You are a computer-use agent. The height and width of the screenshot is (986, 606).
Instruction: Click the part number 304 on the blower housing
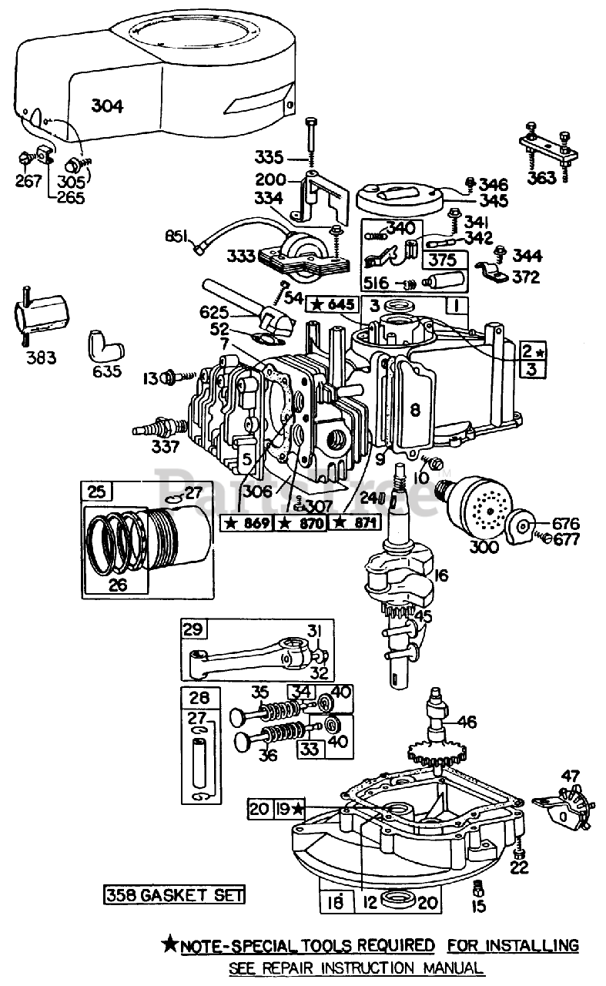coord(106,106)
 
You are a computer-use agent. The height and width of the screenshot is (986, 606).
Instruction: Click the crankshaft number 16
coord(442,575)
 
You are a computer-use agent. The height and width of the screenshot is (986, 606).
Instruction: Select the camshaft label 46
coord(467,722)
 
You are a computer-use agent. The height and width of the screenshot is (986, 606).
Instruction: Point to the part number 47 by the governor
coord(569,776)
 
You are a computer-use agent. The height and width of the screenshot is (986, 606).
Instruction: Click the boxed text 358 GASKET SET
coord(175,894)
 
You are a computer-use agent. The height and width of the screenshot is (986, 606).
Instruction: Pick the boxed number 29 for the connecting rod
coord(192,629)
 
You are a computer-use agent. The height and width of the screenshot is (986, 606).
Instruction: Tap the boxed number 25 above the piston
coord(95,491)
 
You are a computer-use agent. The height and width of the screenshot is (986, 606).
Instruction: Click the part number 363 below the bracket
coord(542,178)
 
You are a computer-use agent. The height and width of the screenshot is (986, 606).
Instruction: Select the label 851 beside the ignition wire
coord(175,236)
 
